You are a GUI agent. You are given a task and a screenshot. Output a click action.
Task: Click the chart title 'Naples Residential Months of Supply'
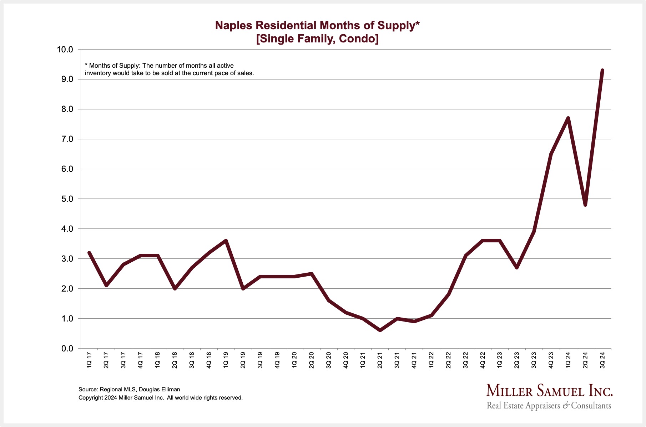(317, 25)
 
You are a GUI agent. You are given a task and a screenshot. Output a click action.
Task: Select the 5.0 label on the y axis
(67, 199)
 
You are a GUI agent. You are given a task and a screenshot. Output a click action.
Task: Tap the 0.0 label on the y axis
(67, 348)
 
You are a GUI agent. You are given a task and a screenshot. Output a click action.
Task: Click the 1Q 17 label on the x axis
(89, 360)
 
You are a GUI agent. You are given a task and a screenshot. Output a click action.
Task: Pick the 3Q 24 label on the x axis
(602, 360)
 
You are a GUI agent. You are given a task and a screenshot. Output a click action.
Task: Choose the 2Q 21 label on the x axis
(380, 360)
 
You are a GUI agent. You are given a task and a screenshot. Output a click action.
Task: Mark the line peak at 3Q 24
(602, 70)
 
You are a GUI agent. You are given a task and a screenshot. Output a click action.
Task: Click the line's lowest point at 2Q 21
(380, 330)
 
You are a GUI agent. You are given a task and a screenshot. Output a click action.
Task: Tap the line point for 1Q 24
(568, 118)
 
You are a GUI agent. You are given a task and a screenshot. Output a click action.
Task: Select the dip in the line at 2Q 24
(585, 205)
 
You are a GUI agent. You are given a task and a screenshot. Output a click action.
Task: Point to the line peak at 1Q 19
(226, 241)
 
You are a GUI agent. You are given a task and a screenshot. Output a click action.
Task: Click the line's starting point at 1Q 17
(89, 253)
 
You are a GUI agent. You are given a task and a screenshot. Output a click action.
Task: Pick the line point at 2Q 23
(517, 268)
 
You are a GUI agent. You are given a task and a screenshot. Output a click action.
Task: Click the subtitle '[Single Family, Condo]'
(317, 38)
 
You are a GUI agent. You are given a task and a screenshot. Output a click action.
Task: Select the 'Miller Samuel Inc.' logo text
(549, 391)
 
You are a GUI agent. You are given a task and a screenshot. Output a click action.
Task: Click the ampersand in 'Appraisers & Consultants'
(566, 406)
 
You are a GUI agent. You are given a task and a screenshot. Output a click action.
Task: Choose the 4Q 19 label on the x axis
(277, 360)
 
